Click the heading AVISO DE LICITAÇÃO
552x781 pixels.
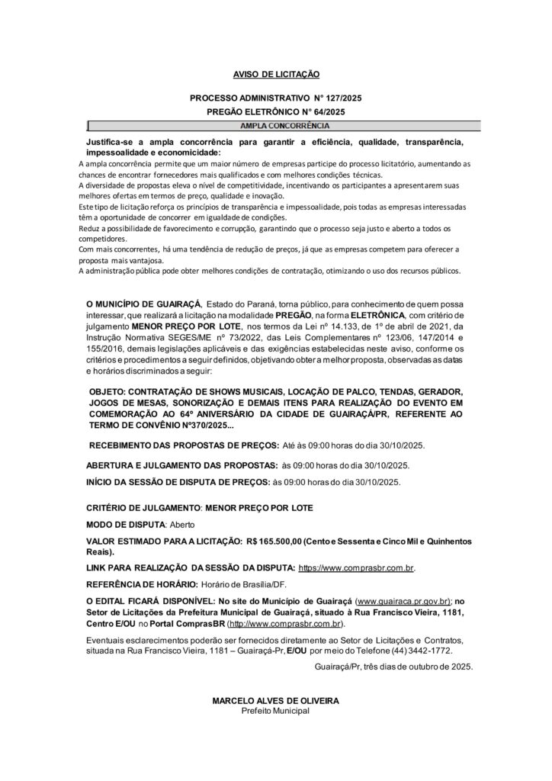coord(276,75)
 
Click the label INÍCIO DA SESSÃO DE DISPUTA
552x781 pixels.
coord(178,481)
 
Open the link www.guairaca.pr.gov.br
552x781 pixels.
coord(405,601)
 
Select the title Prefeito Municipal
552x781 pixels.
coord(275,710)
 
